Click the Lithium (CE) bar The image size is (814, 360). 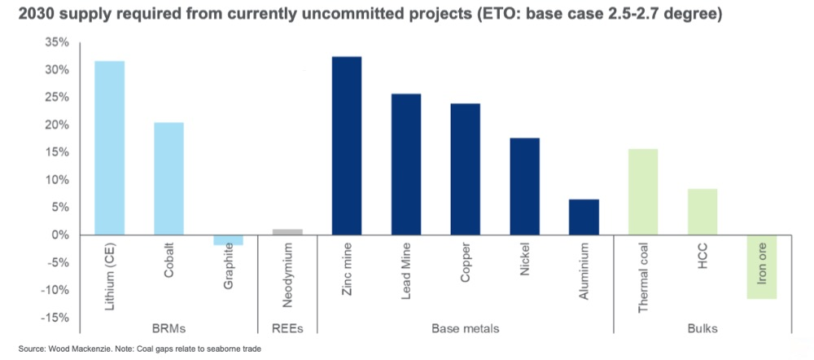[x=109, y=147]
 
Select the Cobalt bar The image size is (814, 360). [x=168, y=178]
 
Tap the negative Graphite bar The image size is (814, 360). [x=228, y=239]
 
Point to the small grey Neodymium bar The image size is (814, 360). [x=287, y=232]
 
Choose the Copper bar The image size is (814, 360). [x=466, y=169]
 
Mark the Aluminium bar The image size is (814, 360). [x=584, y=217]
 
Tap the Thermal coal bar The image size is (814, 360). [x=643, y=191]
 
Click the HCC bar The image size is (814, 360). [x=702, y=212]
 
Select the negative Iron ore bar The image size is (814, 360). [x=762, y=266]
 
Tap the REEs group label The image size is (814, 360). [x=287, y=328]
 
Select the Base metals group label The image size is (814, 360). [x=466, y=328]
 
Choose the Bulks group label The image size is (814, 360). [x=702, y=328]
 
